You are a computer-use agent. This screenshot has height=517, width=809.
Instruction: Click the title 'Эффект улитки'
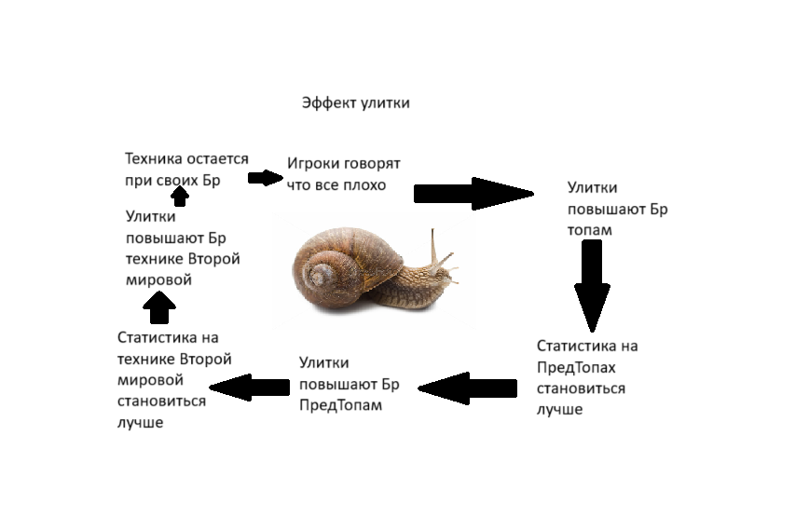[x=355, y=103]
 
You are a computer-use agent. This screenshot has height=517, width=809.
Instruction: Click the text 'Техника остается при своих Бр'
[x=186, y=170]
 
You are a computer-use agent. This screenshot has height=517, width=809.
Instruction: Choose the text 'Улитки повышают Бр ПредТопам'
[x=349, y=384]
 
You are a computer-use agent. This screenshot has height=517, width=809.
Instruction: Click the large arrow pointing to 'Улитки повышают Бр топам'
[x=472, y=193]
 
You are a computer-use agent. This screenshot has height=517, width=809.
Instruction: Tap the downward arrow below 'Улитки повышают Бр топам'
[x=591, y=285]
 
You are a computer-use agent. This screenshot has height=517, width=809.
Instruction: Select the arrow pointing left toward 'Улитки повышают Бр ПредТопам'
[x=466, y=387]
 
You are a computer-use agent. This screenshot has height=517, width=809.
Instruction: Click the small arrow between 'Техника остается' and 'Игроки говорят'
[x=265, y=177]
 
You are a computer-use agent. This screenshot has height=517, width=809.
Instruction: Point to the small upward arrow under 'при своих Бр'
[x=182, y=196]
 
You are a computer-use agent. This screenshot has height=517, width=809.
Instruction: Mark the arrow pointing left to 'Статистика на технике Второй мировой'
[x=249, y=387]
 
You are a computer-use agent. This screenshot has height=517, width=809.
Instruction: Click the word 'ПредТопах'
[x=576, y=367]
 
